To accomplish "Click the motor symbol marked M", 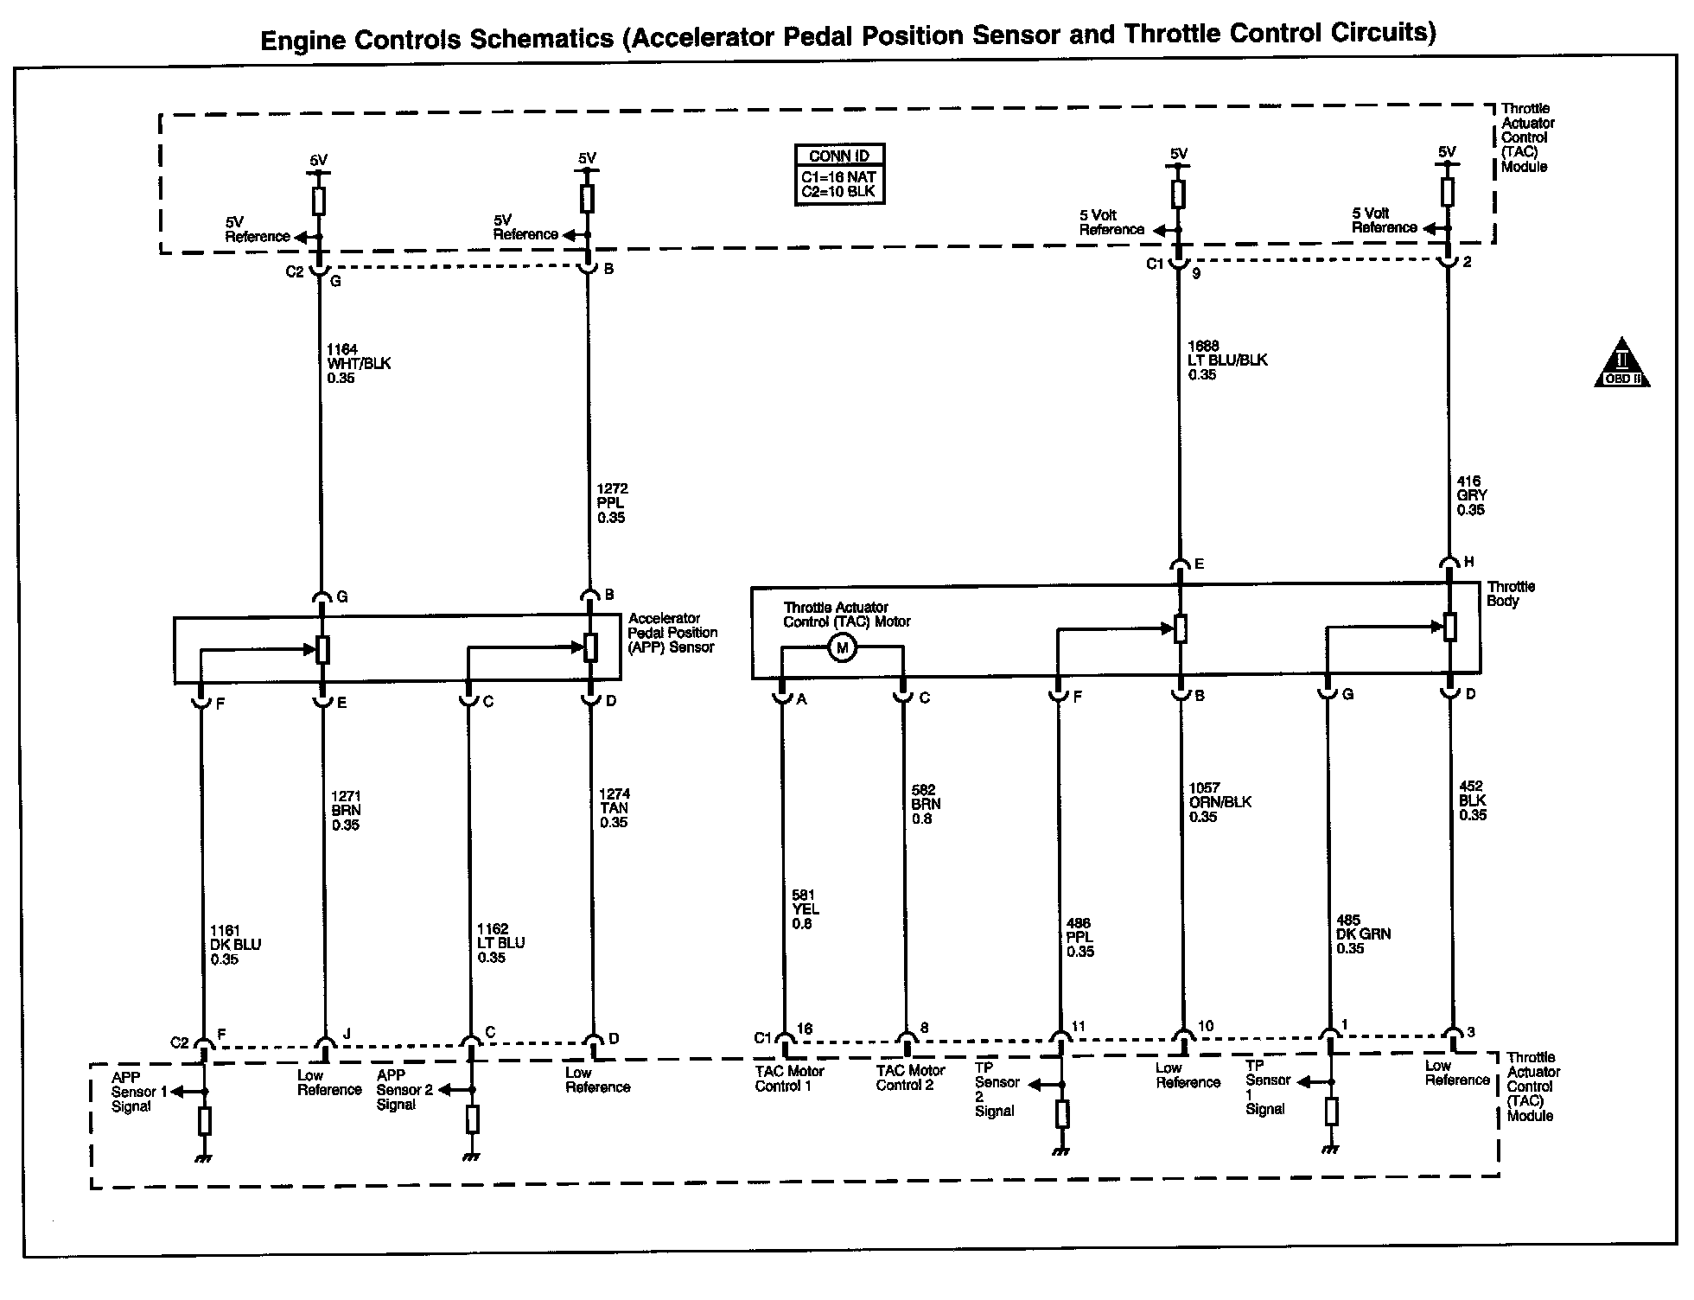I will click(x=843, y=648).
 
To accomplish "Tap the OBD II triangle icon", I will click(x=1621, y=363).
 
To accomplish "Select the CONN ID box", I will click(x=839, y=175).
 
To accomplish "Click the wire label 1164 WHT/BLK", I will click(x=358, y=364).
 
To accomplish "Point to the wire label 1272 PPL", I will click(x=611, y=503).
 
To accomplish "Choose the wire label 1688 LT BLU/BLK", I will click(x=1226, y=360).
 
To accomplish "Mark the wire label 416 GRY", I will click(x=1471, y=495).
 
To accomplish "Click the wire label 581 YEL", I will click(x=805, y=909).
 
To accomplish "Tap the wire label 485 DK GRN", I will click(x=1363, y=934).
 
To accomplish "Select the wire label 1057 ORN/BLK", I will click(x=1220, y=802).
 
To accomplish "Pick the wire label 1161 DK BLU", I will click(x=235, y=945).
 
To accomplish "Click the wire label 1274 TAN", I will click(x=615, y=808).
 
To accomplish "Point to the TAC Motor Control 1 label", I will click(x=789, y=1078).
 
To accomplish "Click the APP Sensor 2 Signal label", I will click(x=404, y=1090).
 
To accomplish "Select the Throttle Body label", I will click(x=1510, y=594).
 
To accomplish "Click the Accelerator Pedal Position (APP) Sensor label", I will click(x=672, y=633).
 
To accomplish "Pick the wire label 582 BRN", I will click(x=926, y=804).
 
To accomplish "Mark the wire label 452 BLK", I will click(x=1472, y=800).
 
